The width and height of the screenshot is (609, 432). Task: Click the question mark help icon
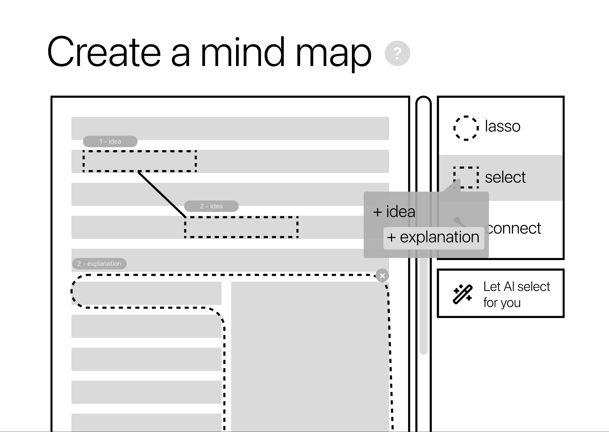[x=397, y=53]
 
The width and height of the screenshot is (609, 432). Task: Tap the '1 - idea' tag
[x=110, y=142]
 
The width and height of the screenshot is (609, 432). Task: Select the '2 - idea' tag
[x=211, y=206]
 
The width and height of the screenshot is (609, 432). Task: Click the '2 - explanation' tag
[x=99, y=264]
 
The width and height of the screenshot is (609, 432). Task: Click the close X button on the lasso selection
[x=382, y=276]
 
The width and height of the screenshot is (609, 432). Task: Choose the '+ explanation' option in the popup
[x=434, y=237]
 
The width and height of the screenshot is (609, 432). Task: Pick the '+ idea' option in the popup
[x=394, y=212]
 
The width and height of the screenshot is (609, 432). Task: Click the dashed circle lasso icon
[x=466, y=128]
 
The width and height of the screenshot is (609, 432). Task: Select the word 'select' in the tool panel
[x=505, y=177]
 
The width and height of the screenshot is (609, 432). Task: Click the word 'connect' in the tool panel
[x=514, y=228]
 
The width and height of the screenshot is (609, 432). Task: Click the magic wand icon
[x=463, y=294]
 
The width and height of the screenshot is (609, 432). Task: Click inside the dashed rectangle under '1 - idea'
[x=140, y=161]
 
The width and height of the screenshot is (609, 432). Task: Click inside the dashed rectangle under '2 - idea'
[x=241, y=227]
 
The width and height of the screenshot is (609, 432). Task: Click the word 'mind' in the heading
[x=243, y=52]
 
